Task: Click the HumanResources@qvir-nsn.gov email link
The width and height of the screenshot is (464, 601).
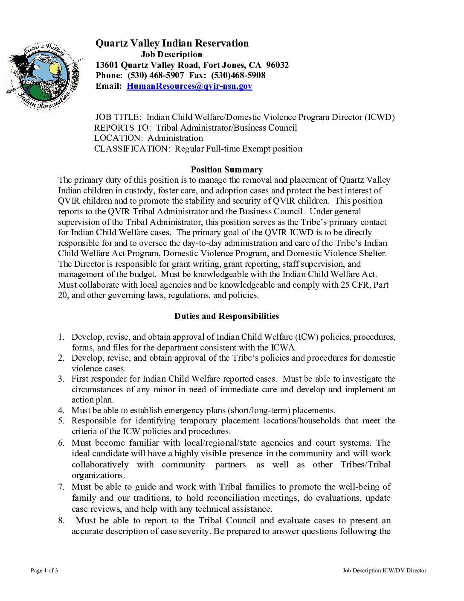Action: point(189,86)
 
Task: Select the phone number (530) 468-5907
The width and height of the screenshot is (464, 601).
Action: point(156,76)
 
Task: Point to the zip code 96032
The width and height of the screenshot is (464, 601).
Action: point(277,65)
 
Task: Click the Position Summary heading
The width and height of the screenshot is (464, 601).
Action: point(226,170)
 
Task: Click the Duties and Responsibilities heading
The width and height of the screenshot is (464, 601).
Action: point(226,316)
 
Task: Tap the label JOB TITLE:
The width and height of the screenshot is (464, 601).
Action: point(118,117)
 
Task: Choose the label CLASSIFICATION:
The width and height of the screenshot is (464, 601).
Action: point(132,149)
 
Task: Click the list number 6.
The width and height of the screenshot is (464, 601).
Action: point(61,443)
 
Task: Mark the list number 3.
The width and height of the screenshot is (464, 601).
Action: point(61,379)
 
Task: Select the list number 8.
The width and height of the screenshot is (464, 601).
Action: point(61,521)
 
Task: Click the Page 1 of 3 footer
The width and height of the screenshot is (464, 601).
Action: point(44,571)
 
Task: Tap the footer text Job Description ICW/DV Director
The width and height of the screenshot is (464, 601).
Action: point(384,571)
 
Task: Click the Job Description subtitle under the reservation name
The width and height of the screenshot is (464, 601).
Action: point(171,55)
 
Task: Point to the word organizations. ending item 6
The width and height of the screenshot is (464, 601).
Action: point(98,476)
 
